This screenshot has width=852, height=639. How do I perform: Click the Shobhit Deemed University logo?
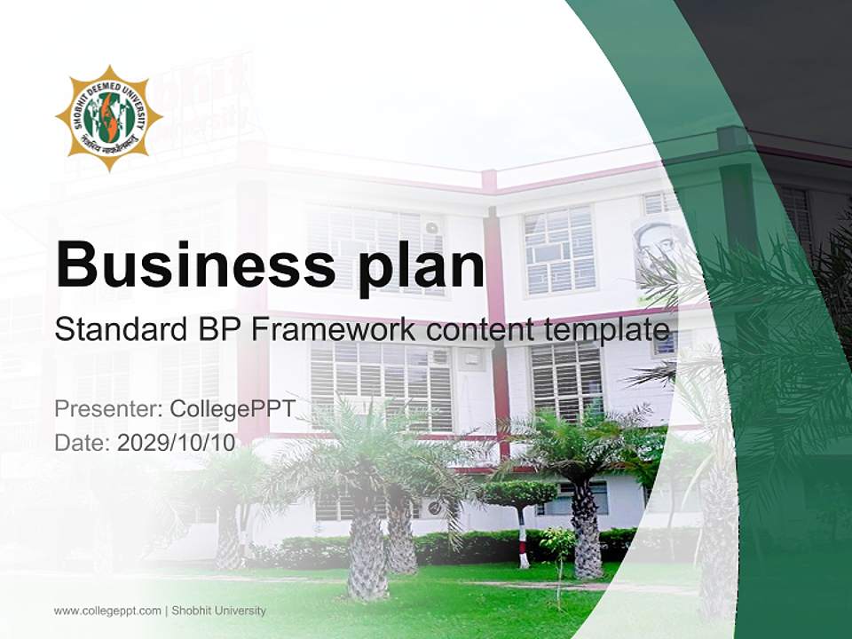coord(109,118)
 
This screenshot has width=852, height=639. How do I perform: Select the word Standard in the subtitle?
coord(116,330)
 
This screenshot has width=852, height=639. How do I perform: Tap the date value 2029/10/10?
coord(177,443)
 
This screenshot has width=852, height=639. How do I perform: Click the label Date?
coord(83,443)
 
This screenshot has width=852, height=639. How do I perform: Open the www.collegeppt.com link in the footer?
coord(107,611)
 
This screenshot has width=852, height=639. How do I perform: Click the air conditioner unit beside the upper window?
coord(431,227)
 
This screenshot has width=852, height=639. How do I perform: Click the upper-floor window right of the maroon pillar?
coord(559,249)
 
